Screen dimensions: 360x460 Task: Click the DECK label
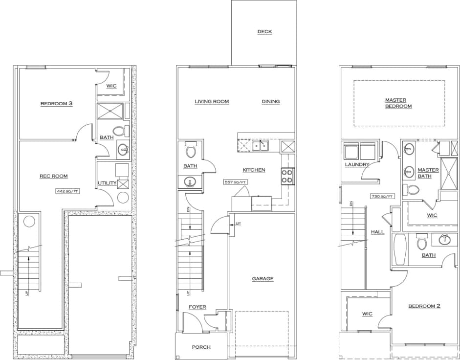(x=264, y=32)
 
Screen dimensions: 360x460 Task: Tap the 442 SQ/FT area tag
(x=68, y=191)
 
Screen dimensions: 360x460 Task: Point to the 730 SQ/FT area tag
(x=382, y=196)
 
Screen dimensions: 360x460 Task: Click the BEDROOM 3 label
(x=56, y=104)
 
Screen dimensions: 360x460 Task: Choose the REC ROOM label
(x=54, y=176)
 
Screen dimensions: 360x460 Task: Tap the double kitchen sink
(x=260, y=145)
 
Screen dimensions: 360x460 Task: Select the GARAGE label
(x=263, y=279)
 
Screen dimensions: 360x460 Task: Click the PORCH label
(x=201, y=347)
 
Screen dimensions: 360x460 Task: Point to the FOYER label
(x=197, y=307)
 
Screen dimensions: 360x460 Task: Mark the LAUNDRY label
(x=357, y=165)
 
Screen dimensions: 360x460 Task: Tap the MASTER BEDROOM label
(x=398, y=103)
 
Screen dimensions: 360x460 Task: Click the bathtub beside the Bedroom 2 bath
(x=399, y=250)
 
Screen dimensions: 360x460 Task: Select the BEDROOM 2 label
(x=424, y=306)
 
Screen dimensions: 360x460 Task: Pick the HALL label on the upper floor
(x=377, y=232)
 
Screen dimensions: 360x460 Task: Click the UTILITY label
(x=107, y=183)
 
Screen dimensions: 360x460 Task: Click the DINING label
(x=270, y=102)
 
